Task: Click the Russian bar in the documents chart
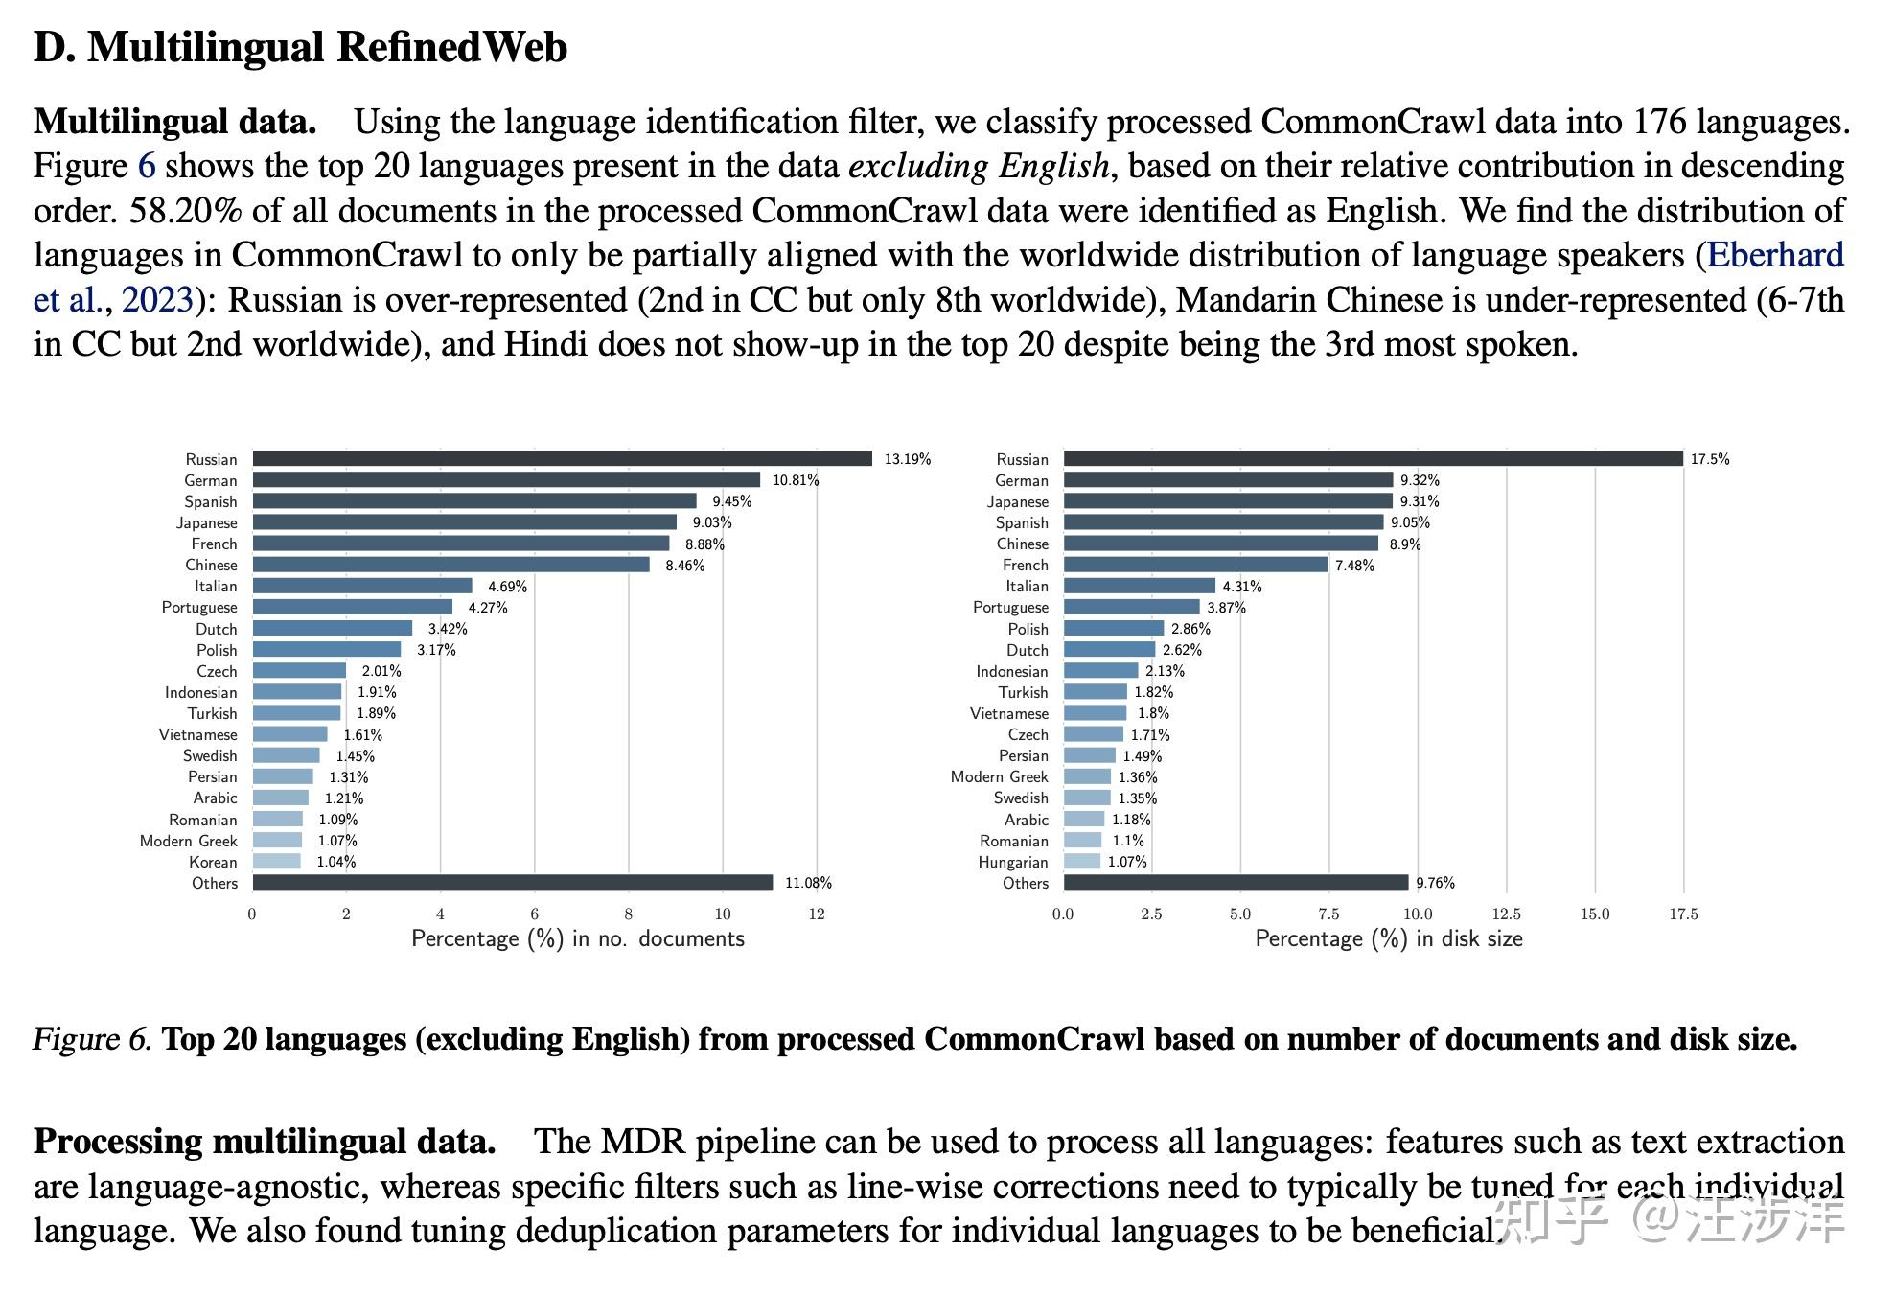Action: pos(562,459)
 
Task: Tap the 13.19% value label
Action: pos(907,459)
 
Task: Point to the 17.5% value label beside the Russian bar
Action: pos(1710,459)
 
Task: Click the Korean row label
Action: pos(213,862)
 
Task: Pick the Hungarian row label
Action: pos(1012,862)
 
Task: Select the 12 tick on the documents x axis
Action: pos(817,914)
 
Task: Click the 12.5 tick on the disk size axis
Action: pos(1506,914)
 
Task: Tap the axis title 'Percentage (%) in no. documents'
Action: pos(578,938)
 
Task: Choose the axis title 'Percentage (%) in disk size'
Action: pos(1389,938)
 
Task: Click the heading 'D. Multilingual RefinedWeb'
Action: pos(300,47)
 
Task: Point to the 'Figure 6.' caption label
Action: pos(92,1039)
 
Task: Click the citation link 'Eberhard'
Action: pos(1775,255)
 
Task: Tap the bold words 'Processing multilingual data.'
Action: pos(265,1142)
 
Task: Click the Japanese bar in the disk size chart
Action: pos(1227,501)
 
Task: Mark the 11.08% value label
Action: pos(808,883)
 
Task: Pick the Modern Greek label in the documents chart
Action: pos(188,841)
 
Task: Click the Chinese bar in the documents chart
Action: pos(450,565)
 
